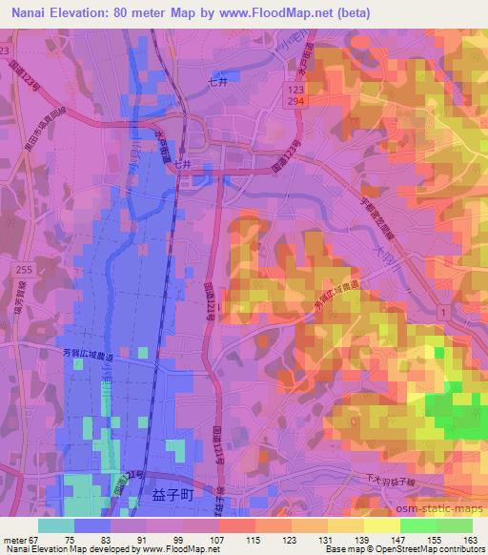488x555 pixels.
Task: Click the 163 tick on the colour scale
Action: click(x=471, y=538)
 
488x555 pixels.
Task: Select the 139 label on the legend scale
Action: click(x=364, y=538)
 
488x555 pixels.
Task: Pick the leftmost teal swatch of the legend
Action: click(x=56, y=525)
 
